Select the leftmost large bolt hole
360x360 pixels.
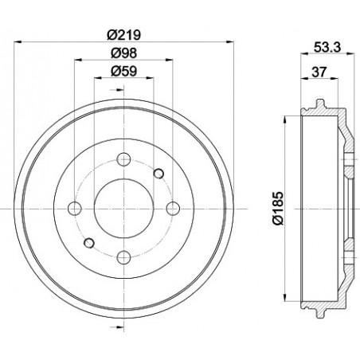click(75, 209)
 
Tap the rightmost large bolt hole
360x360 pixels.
click(173, 209)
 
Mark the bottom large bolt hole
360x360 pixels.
click(123, 257)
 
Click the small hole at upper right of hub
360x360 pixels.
click(158, 174)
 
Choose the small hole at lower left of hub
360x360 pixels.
click(89, 243)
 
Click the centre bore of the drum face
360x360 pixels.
click(123, 209)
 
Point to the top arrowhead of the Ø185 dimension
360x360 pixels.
click(284, 122)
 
